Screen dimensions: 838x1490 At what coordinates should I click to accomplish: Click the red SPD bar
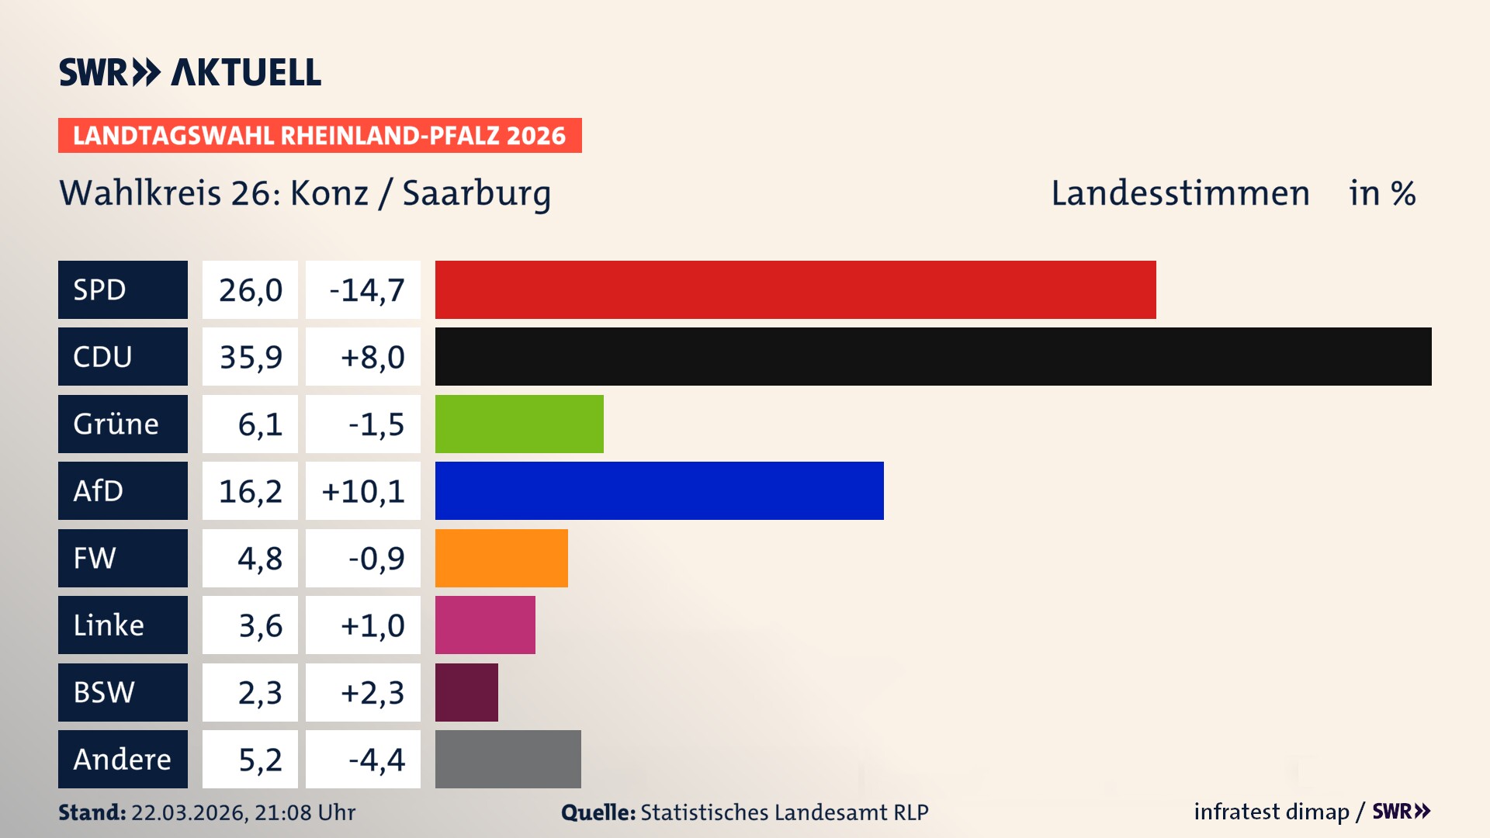tap(795, 289)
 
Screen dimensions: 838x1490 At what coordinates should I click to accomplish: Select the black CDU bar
tap(933, 356)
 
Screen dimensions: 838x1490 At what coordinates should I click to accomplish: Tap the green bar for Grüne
tap(519, 424)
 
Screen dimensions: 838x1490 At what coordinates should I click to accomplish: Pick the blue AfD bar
tap(659, 490)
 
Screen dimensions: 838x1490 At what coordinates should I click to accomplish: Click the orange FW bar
tap(501, 558)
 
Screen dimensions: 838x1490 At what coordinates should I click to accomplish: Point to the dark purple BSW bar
tap(466, 692)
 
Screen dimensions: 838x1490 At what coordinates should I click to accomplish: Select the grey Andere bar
tap(508, 759)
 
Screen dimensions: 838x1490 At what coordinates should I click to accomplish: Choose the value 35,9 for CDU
tap(250, 357)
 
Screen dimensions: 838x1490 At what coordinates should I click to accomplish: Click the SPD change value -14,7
tap(366, 290)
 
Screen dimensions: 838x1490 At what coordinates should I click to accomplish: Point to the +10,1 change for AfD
tap(362, 491)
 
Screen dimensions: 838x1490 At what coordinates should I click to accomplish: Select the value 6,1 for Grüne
tap(259, 424)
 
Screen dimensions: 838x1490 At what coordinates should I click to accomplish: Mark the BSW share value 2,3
tap(259, 692)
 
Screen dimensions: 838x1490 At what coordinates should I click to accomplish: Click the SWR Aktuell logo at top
tap(189, 72)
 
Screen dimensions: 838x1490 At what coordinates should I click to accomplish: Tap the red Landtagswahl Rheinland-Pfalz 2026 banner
tap(319, 136)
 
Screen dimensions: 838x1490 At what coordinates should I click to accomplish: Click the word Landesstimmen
tap(1180, 193)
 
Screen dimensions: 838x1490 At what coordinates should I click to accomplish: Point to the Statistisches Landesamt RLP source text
tap(784, 812)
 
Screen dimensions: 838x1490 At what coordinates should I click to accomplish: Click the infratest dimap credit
tap(1271, 812)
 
